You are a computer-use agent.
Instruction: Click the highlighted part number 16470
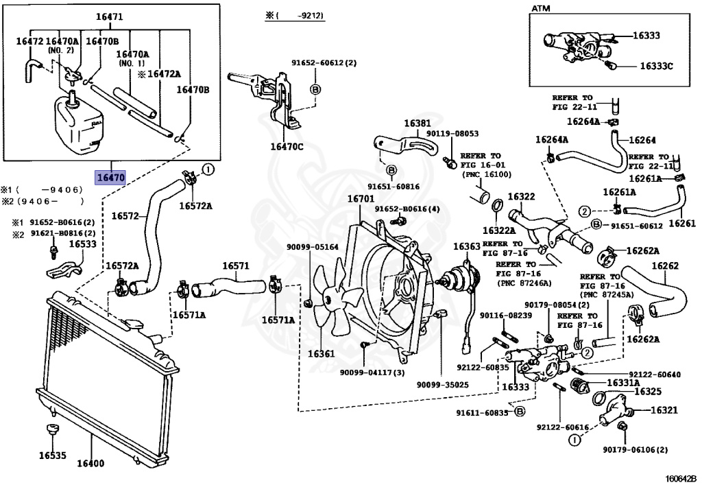pyautogui.click(x=111, y=178)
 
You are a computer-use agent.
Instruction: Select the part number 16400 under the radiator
pyautogui.click(x=90, y=463)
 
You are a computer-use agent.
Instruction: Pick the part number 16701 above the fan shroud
pyautogui.click(x=361, y=198)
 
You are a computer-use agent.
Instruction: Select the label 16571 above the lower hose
pyautogui.click(x=236, y=266)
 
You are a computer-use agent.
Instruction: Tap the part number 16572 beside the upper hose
pyautogui.click(x=125, y=216)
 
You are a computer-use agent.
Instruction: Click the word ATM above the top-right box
pyautogui.click(x=541, y=8)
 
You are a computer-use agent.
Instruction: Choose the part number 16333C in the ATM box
pyautogui.click(x=656, y=67)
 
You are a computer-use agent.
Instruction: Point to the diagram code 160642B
pyautogui.click(x=681, y=478)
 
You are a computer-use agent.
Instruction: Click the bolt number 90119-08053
pyautogui.click(x=452, y=134)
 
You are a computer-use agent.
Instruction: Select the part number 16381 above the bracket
pyautogui.click(x=417, y=123)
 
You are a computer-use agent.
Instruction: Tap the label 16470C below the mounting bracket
pyautogui.click(x=287, y=146)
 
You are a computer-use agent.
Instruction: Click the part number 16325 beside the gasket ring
pyautogui.click(x=648, y=392)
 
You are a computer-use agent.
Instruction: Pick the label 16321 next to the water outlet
pyautogui.click(x=664, y=410)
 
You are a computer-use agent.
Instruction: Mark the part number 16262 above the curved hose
pyautogui.click(x=665, y=265)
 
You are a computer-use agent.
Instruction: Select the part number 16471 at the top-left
pyautogui.click(x=109, y=17)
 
